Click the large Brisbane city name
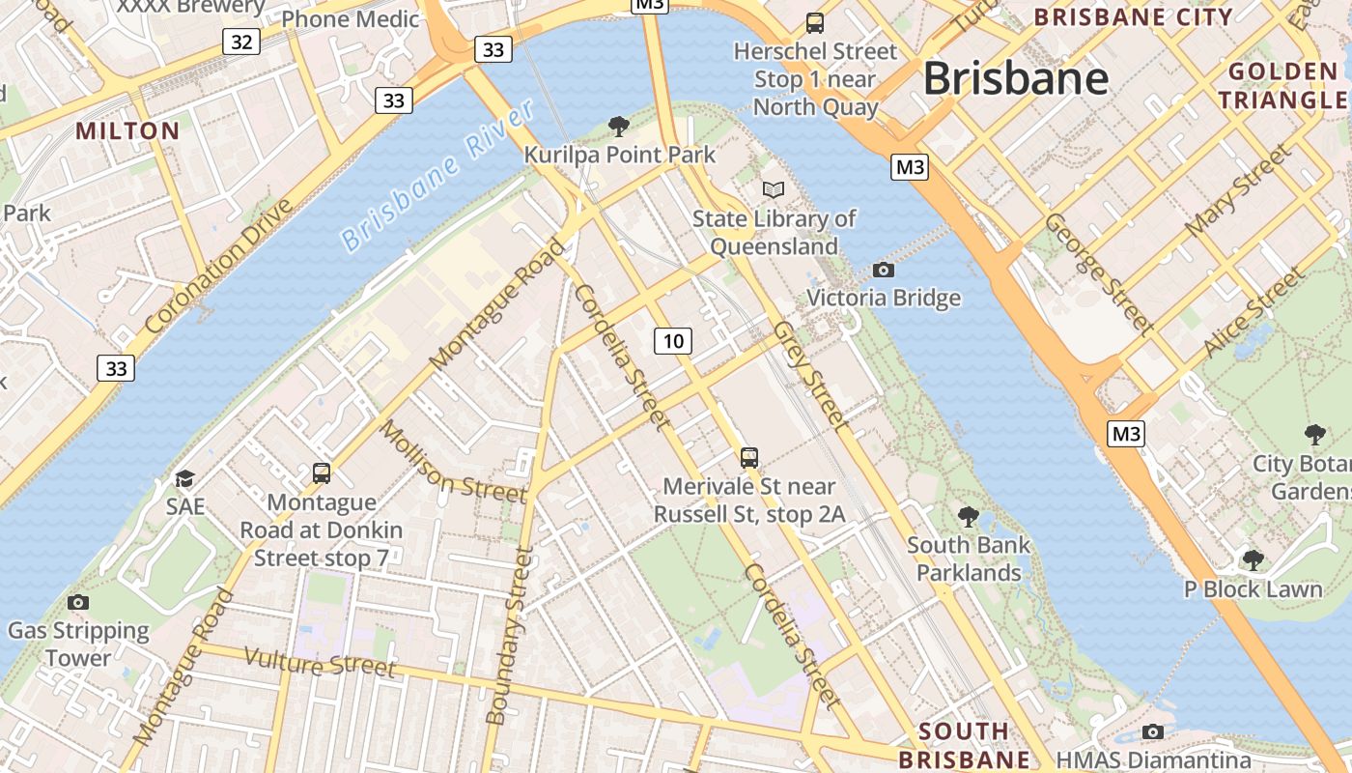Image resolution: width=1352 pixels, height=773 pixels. pos(1016,79)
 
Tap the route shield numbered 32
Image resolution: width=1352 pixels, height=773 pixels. pos(241,42)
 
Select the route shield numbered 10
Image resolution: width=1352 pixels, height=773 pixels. pos(673,340)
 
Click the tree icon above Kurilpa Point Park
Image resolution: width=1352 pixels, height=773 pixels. pos(619,126)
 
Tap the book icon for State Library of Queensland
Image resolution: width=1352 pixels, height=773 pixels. pos(774,189)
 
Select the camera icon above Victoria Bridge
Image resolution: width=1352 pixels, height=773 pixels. pos(883,270)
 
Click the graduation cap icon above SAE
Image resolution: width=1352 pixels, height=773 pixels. pos(184,478)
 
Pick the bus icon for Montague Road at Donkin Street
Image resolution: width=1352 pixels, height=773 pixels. pos(322,473)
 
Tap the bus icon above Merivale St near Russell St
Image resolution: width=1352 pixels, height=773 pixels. pos(749,457)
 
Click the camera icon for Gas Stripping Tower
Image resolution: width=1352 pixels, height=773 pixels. pos(78,603)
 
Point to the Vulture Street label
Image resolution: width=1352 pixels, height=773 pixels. pos(320,662)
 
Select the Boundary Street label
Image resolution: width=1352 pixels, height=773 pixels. pos(509,636)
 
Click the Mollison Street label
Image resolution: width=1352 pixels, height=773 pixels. pos(452,462)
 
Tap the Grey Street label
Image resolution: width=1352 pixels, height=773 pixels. pos(810,375)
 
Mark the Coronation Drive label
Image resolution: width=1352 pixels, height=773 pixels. pos(218,266)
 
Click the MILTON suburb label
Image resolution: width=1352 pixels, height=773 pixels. pos(127,131)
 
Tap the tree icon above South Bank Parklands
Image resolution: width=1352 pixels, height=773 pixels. pos(968,517)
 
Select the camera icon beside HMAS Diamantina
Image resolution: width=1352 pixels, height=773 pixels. pos(1152,731)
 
